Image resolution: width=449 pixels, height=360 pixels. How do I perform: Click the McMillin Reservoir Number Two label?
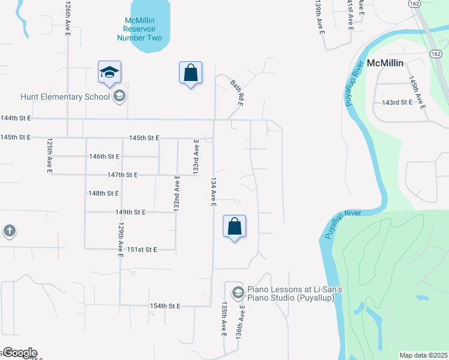(x=143, y=29)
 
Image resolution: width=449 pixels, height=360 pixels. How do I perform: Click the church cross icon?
(x=9, y=231)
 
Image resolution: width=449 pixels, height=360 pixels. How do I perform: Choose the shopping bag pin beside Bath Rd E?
(x=190, y=73)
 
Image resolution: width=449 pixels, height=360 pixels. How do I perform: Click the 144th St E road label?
(x=16, y=119)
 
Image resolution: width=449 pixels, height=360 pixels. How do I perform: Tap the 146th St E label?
(x=104, y=156)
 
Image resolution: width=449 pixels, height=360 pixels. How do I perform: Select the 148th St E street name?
(x=104, y=193)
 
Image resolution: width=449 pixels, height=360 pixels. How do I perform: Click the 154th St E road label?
(x=165, y=306)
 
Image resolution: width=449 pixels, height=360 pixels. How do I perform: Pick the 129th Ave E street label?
(x=120, y=241)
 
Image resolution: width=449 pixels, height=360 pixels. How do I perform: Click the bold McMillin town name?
(x=385, y=62)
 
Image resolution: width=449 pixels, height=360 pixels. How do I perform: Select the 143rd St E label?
(x=397, y=103)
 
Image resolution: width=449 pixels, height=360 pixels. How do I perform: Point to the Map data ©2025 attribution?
(x=423, y=355)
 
